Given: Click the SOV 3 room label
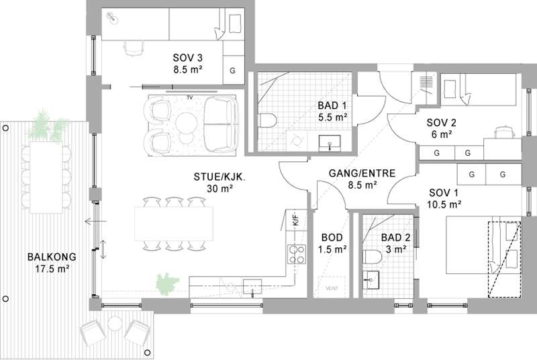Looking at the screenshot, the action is [x=187, y=58].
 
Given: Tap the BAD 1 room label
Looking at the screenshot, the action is [x=332, y=105].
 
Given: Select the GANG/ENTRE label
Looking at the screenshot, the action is [x=362, y=173].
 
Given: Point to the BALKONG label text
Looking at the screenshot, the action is [x=52, y=257].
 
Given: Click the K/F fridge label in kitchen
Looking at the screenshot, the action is [x=295, y=219].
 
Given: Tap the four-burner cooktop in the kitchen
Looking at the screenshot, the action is [x=297, y=254].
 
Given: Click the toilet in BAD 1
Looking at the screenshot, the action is [x=267, y=120].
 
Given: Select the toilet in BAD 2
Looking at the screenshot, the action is [x=372, y=257].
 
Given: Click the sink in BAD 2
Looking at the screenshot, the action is [x=371, y=279].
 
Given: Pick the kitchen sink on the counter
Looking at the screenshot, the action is [x=252, y=287].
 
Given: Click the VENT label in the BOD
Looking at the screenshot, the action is [x=332, y=288].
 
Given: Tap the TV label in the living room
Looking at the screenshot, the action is [x=190, y=97].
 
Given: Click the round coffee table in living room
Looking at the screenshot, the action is [x=186, y=122].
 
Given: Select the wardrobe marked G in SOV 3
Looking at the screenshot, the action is [x=233, y=71].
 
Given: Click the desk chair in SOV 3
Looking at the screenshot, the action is [x=133, y=48].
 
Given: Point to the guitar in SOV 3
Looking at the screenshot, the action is [x=112, y=18].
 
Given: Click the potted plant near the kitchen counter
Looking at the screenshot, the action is [x=166, y=284].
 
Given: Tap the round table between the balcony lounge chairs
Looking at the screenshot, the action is [x=114, y=324].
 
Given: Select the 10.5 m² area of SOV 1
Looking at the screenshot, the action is [x=444, y=204].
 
